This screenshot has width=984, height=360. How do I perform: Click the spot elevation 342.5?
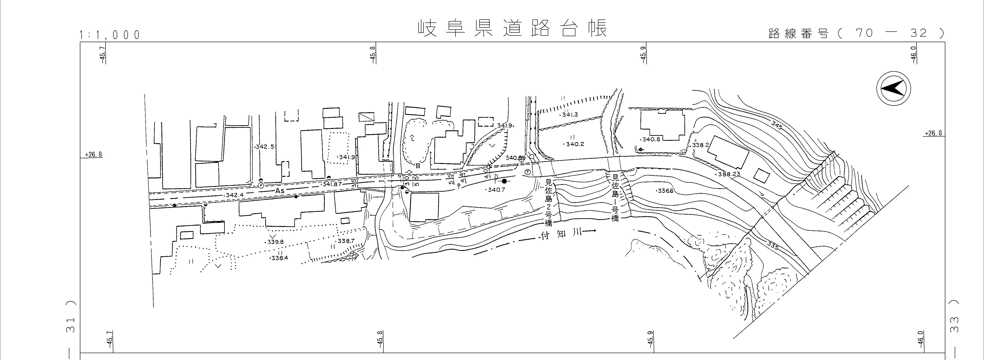click(x=264, y=147)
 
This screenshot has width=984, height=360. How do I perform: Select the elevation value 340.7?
click(x=496, y=190)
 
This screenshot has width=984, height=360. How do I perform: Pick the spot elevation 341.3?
click(x=569, y=115)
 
